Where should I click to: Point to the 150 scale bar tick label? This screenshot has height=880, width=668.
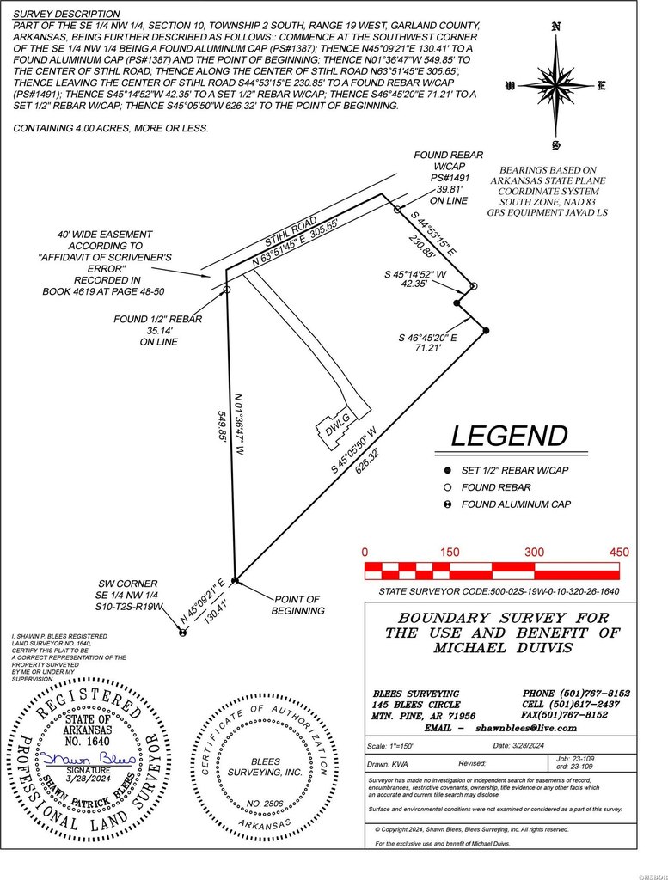(x=450, y=552)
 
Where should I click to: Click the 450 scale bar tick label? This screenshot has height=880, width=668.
(x=619, y=552)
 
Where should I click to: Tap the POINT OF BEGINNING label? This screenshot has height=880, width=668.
(x=298, y=605)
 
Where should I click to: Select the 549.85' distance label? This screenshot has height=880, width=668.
(x=224, y=426)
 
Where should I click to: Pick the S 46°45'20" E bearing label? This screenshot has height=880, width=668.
(x=428, y=339)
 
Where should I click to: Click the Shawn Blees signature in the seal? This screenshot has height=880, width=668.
(x=83, y=759)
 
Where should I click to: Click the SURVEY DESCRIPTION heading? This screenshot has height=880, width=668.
(x=66, y=15)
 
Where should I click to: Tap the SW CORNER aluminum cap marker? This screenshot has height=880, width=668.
(x=182, y=633)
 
